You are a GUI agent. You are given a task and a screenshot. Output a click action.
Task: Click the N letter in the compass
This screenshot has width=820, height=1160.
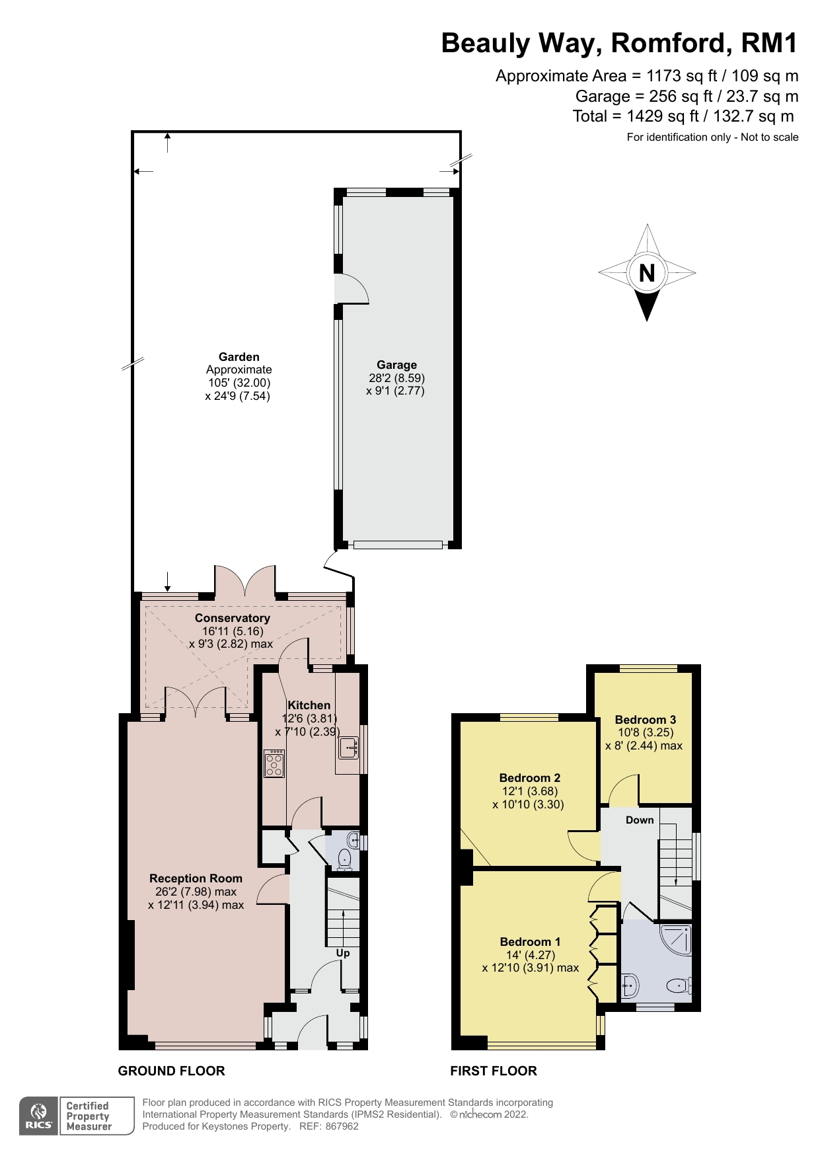pos(647,272)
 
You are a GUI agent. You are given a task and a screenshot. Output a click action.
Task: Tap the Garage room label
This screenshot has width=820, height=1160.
pos(396,365)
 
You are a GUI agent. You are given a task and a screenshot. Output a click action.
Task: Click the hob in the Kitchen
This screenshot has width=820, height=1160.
pos(274,763)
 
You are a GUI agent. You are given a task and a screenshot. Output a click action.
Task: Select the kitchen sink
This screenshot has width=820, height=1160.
pos(348,748)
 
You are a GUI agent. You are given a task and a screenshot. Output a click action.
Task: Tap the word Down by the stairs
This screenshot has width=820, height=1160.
pos(640,820)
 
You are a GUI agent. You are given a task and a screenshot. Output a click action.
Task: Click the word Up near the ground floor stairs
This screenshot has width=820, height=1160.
pos(343,953)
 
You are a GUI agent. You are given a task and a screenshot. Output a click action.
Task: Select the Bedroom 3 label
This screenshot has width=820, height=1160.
pos(645,720)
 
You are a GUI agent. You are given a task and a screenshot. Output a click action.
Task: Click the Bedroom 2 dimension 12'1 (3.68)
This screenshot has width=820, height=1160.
pos(530,791)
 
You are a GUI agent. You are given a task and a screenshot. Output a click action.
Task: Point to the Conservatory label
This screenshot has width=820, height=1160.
pos(232,618)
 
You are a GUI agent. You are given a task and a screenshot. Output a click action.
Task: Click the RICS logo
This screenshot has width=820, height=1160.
pos(39,1116)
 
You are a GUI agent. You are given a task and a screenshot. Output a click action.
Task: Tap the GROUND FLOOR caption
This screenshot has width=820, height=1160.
pos(171,1071)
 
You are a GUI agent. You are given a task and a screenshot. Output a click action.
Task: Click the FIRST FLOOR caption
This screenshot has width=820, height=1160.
pos(494,1071)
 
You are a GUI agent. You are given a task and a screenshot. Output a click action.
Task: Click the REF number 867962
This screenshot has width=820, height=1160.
pos(342,1126)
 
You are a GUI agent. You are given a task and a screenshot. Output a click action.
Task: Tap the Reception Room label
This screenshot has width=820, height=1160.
pos(196,878)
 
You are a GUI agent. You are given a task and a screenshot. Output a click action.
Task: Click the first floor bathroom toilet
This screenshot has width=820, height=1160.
pos(679,987)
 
